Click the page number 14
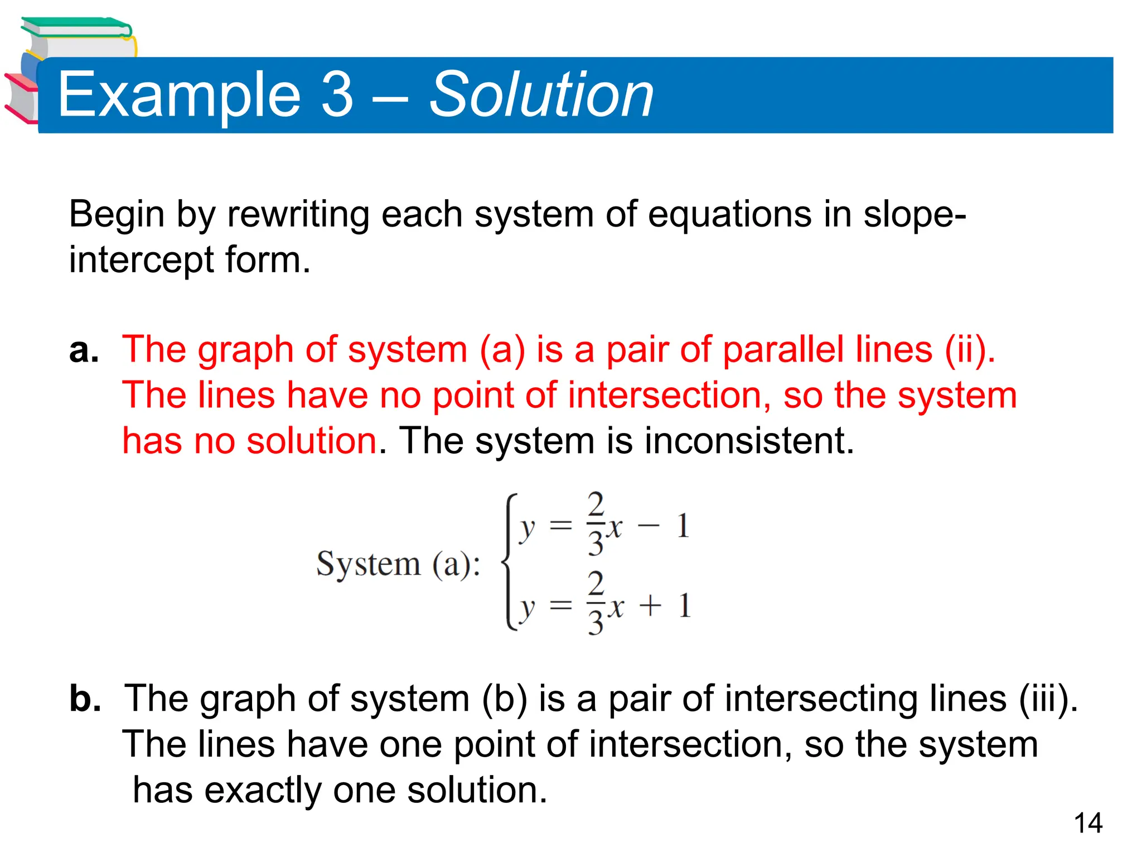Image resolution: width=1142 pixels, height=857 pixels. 1088,824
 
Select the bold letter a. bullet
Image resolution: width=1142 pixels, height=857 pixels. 84,350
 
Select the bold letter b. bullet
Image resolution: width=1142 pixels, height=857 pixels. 85,699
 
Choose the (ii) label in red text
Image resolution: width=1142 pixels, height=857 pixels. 969,350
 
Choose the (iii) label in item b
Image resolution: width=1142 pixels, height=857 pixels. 1047,699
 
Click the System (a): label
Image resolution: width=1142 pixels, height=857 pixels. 398,564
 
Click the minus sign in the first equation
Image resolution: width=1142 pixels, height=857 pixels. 648,526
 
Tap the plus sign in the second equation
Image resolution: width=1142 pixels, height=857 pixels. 650,606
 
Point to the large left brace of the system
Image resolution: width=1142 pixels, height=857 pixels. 509,562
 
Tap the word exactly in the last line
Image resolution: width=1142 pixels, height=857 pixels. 263,790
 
